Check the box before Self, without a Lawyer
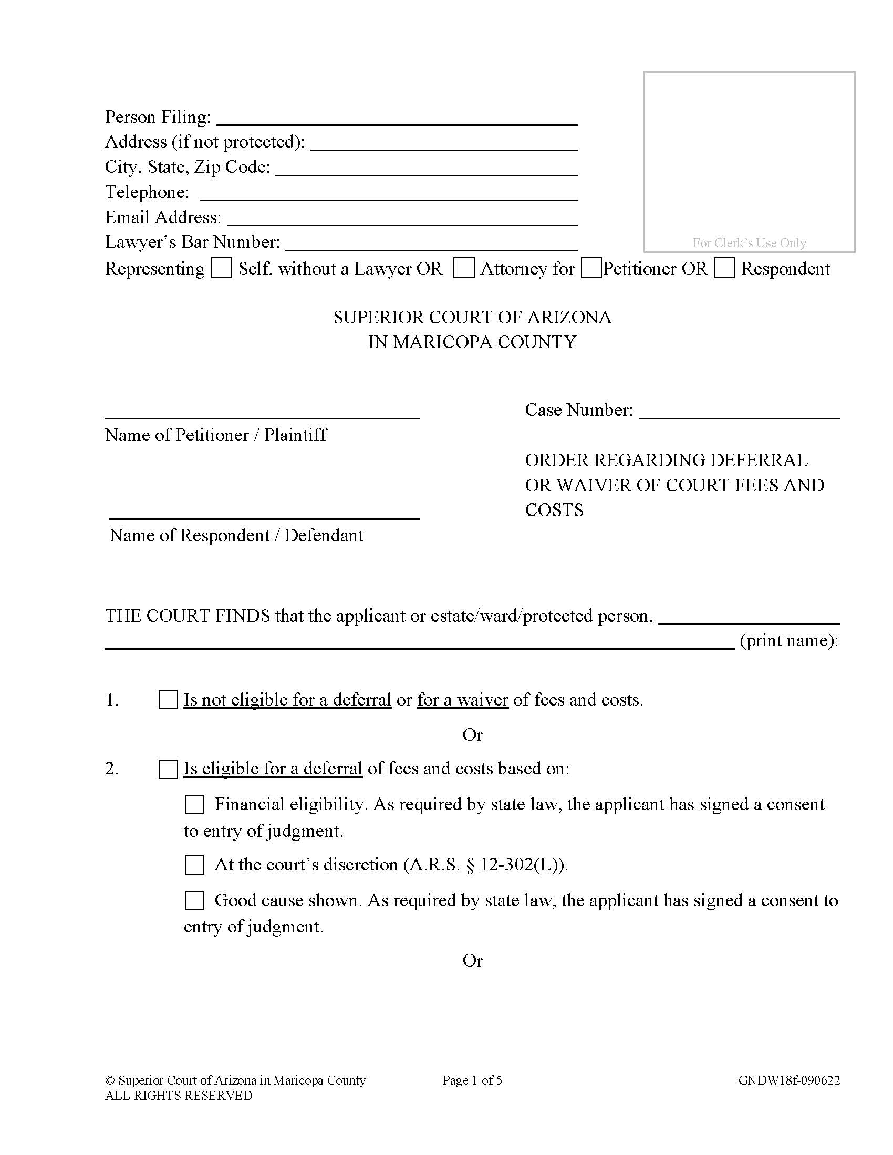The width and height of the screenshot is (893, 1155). click(x=221, y=268)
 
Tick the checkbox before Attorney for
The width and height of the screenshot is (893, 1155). click(x=464, y=268)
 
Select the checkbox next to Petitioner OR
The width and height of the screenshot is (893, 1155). click(x=591, y=268)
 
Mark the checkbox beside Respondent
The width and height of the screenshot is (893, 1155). click(x=724, y=268)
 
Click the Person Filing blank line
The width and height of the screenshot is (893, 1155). click(x=397, y=120)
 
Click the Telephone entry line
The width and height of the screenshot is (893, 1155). click(x=388, y=195)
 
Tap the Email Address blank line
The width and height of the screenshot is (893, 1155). click(x=402, y=219)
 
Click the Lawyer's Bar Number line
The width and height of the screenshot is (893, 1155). click(x=431, y=244)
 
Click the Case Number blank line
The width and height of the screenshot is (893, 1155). click(x=739, y=413)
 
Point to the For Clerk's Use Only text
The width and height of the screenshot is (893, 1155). click(x=749, y=243)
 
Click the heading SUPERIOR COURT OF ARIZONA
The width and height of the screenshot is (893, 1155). click(x=472, y=317)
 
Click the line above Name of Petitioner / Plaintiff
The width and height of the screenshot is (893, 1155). click(x=262, y=413)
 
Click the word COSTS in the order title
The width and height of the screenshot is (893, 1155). click(x=554, y=510)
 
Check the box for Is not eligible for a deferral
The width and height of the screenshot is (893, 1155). click(x=168, y=700)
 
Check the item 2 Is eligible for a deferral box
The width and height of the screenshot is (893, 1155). click(x=168, y=769)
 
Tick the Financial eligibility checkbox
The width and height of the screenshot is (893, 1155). click(x=194, y=805)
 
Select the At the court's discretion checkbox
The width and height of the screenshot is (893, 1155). click(x=194, y=865)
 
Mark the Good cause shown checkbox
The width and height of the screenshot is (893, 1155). click(x=194, y=900)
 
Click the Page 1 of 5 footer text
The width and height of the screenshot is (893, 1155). click(x=472, y=1080)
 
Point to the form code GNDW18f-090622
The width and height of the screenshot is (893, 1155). click(x=789, y=1080)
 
